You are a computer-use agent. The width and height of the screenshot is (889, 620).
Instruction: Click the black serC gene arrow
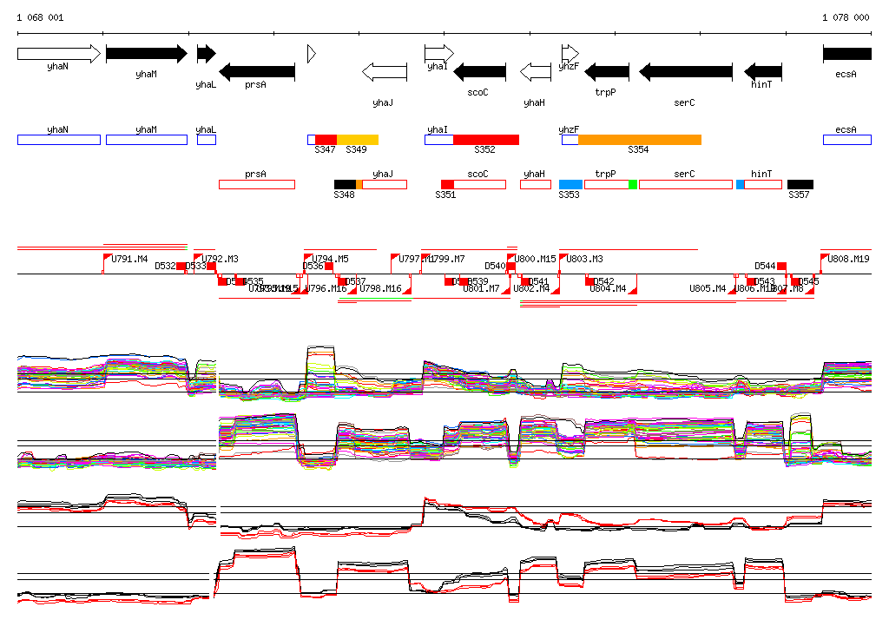[686, 71]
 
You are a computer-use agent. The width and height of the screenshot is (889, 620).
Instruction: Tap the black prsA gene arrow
[257, 71]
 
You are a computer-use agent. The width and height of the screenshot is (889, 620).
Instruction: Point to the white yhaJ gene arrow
[384, 71]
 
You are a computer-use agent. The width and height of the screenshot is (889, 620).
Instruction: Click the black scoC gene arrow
[479, 71]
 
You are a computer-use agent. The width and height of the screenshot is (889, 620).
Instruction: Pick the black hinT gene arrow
[763, 71]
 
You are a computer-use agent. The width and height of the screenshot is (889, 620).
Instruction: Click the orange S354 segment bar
[639, 140]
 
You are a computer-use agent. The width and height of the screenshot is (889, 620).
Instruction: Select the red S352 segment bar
[485, 140]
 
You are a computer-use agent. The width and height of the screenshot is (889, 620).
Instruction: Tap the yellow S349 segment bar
[357, 140]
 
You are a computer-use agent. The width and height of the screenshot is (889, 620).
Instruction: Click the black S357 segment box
[800, 184]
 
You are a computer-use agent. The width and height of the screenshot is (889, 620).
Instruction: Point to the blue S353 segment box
[570, 184]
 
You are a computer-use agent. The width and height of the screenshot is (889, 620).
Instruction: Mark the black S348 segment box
[345, 184]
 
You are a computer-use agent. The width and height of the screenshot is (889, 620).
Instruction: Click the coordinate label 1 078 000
[845, 17]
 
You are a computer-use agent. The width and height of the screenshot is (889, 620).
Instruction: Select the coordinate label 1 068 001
[40, 17]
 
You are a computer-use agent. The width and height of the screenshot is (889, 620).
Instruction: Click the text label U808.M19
[848, 259]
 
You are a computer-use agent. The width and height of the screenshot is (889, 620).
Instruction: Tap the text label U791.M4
[130, 259]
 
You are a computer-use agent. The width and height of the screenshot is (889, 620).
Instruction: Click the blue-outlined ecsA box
[846, 140]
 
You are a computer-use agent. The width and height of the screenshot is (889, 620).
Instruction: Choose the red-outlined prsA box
[257, 184]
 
